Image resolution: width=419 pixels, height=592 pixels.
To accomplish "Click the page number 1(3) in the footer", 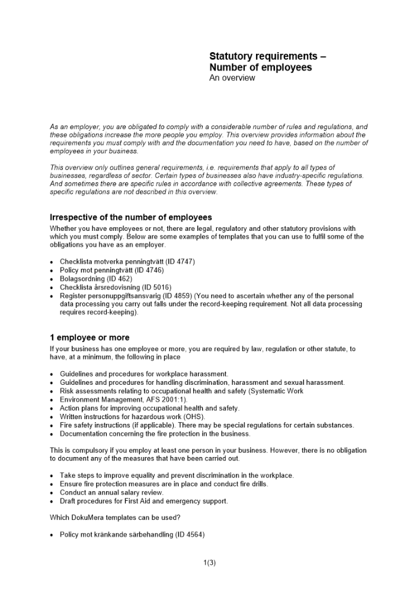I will (x=209, y=563).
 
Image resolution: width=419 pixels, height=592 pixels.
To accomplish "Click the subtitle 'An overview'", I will (x=232, y=78).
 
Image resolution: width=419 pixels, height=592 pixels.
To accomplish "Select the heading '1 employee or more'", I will (x=89, y=337).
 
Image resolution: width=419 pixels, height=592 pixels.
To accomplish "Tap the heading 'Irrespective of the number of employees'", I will (x=131, y=217).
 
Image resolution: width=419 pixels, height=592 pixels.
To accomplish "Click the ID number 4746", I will (x=153, y=270).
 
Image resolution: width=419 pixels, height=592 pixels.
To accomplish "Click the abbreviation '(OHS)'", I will (x=194, y=417).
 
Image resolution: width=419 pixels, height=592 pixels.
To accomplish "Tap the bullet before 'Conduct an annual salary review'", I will (x=53, y=493).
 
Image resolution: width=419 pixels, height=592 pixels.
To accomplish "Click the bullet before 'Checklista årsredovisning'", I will (x=53, y=288).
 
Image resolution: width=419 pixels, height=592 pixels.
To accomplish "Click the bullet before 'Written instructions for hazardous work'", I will (x=53, y=417).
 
